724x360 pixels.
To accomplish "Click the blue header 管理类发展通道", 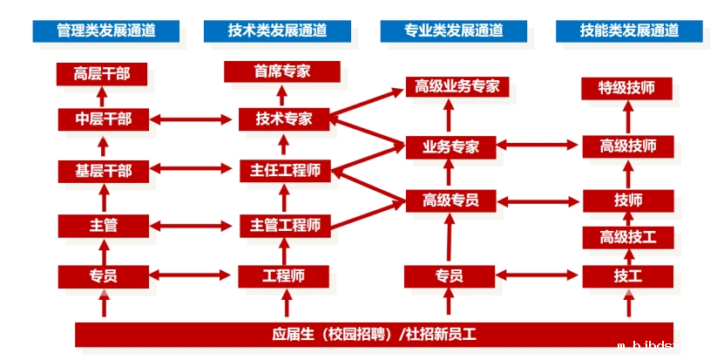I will point(105,31).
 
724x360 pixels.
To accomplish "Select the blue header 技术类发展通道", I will point(277,31).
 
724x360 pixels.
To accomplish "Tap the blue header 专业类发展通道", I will point(453,31).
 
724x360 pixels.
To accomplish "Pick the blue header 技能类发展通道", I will point(629,31).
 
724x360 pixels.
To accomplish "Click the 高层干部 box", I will point(102,73).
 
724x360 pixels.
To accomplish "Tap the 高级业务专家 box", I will point(457,86).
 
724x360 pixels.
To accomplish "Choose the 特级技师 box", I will point(627,88).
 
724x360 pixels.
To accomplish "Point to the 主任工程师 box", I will point(284,171).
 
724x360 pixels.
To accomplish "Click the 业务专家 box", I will point(450,146).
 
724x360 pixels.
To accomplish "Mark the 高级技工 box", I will point(627,236).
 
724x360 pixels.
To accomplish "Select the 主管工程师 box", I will point(284,225).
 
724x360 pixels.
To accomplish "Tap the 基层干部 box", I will point(103,171).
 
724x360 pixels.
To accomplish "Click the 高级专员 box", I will point(450,200).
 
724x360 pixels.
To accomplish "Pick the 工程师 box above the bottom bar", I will point(283,276).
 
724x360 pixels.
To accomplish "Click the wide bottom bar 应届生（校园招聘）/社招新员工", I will point(374,334).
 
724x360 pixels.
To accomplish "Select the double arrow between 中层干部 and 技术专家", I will point(193,119).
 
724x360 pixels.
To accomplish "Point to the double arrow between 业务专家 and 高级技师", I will point(537,146).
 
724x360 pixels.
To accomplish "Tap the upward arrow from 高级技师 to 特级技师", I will point(627,117).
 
